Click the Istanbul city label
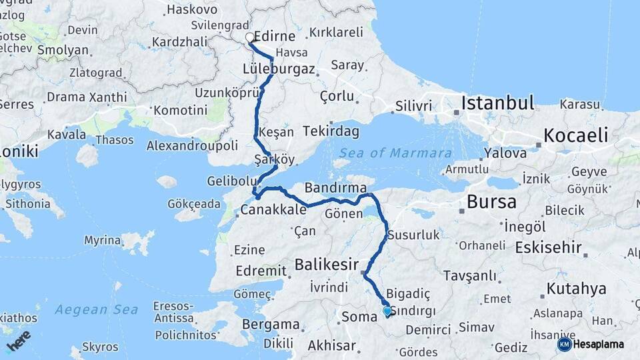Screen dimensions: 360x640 [x=498, y=103]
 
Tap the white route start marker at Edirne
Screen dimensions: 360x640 [x=250, y=37]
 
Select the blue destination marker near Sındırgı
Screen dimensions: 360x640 [x=387, y=311]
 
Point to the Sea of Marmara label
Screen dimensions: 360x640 [x=395, y=153]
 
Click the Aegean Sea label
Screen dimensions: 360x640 [x=96, y=309]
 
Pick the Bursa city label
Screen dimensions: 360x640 [x=492, y=201]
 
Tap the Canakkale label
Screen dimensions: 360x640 [x=273, y=210]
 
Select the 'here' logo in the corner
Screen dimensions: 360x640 [x=19, y=340]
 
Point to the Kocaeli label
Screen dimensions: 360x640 [x=575, y=135]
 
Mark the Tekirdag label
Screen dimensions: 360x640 [x=331, y=131]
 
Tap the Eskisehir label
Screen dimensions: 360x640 [x=548, y=248]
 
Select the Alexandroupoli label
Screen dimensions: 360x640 [x=192, y=145]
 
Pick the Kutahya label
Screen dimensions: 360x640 [x=576, y=289]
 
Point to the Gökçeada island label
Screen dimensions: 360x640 [x=194, y=203]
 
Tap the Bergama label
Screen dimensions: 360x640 [x=271, y=325]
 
